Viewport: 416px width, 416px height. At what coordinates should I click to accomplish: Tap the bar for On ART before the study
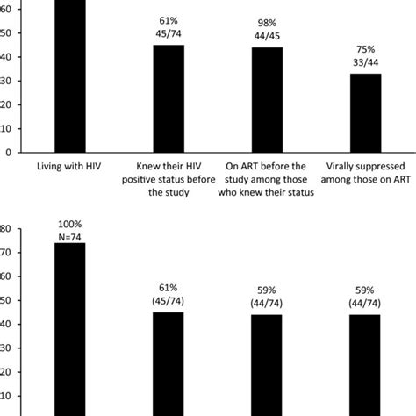(x=268, y=99)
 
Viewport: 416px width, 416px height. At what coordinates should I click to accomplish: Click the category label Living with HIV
(x=70, y=164)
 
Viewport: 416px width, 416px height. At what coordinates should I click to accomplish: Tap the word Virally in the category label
(x=341, y=164)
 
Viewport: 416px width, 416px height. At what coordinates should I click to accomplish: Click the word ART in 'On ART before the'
(x=253, y=164)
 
